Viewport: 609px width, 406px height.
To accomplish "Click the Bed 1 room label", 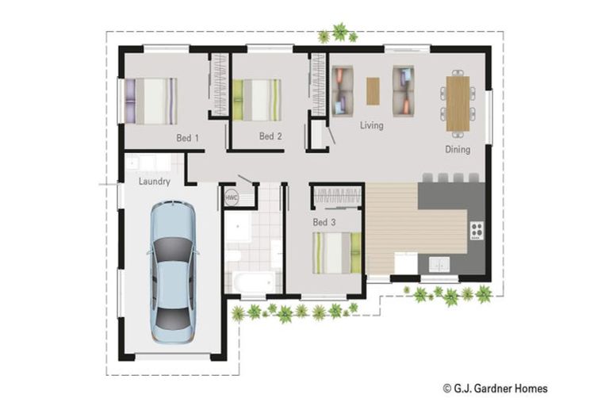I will [187, 138].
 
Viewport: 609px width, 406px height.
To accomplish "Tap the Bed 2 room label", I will [270, 136].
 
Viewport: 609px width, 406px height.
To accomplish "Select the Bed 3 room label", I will [324, 222].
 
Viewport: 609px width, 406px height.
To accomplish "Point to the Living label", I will [371, 125].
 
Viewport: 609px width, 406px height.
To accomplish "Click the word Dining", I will [458, 149].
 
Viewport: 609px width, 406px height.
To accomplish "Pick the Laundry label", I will [154, 182].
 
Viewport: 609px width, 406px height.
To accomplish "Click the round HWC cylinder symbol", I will [232, 197].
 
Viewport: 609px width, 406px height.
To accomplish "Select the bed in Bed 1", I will [151, 100].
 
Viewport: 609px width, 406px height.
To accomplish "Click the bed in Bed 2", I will [256, 99].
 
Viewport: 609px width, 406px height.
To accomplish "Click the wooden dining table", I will [458, 102].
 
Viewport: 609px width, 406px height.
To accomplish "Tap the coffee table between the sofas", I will [373, 90].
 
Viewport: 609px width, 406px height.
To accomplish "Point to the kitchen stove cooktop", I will [477, 231].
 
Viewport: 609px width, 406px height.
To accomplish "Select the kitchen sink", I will [438, 263].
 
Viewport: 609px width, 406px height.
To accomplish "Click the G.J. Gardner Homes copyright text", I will [495, 389].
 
